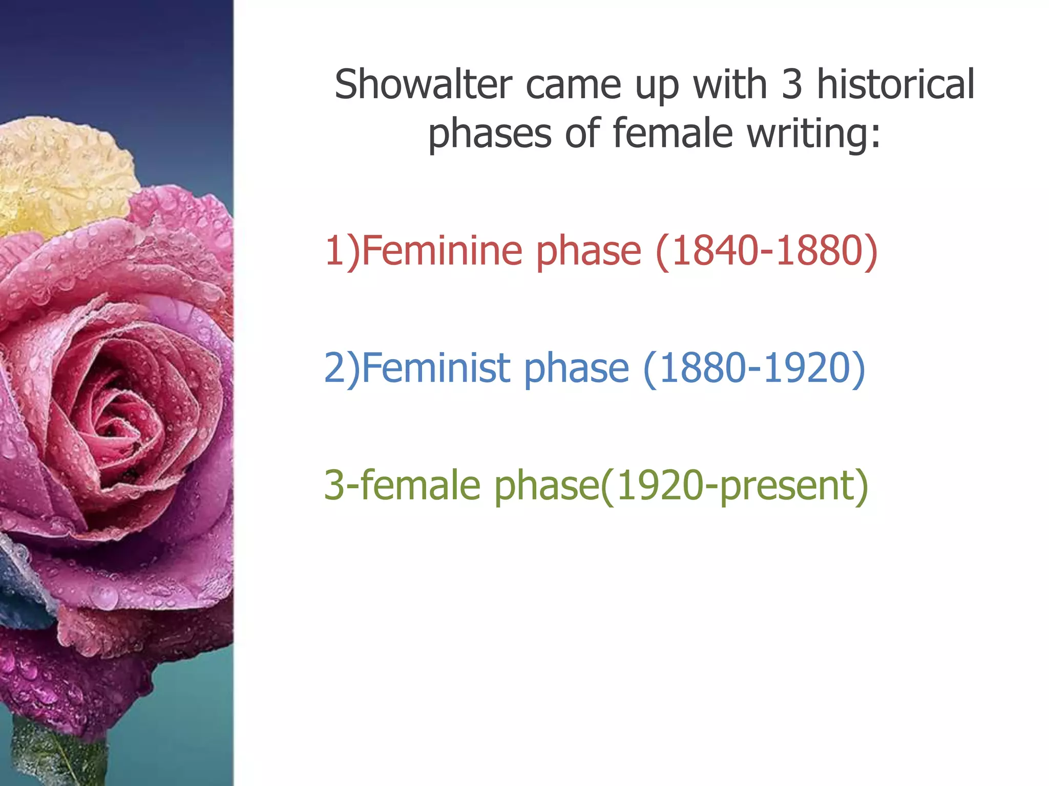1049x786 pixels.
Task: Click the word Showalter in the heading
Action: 423,84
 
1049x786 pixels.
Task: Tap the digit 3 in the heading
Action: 791,84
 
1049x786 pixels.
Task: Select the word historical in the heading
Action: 895,84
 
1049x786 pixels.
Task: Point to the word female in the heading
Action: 673,133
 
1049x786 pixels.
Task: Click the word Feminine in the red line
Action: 442,251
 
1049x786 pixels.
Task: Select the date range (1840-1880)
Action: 767,251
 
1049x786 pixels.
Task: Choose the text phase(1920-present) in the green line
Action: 681,486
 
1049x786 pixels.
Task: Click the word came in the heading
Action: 573,84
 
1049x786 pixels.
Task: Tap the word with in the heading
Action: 730,84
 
